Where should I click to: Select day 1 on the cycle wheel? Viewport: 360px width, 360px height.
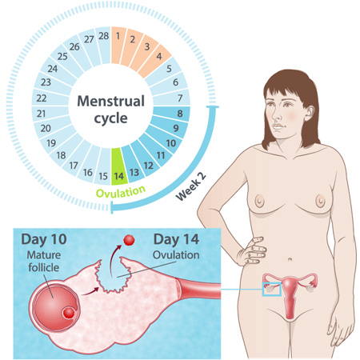pos(118,46)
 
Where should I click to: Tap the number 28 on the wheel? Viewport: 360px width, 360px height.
pos(104,36)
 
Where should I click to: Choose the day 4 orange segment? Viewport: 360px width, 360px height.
pos(155,61)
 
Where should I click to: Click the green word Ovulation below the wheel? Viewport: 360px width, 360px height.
pos(121,192)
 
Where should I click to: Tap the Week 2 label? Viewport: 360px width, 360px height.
pos(191,186)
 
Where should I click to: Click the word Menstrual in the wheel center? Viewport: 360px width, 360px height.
pos(110,101)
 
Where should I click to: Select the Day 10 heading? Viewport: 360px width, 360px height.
pos(44,239)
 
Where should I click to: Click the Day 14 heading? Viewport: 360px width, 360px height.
pos(176,239)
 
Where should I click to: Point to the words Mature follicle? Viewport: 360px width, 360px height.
pos(44,262)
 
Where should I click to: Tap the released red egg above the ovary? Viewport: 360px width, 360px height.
pos(129,240)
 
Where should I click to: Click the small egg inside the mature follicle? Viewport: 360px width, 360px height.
pos(68,313)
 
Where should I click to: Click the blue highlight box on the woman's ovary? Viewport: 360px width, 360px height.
pos(272,290)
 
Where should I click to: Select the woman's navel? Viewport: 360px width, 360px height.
pos(290,259)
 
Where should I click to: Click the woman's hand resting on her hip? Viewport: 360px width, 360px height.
pos(252,251)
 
